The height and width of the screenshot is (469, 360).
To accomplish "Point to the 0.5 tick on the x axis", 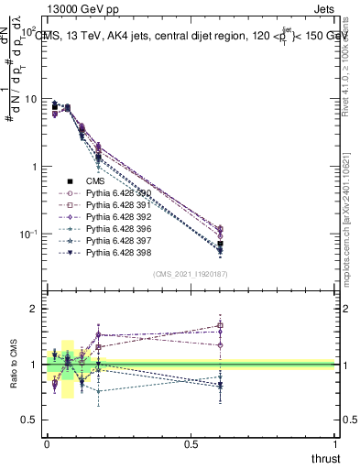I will click(191, 445).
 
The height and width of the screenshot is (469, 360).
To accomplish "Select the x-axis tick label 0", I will click(47, 445).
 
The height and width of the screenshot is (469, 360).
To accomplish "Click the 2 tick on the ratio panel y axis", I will click(32, 310).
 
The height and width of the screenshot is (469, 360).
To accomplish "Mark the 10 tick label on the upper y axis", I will click(28, 99).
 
